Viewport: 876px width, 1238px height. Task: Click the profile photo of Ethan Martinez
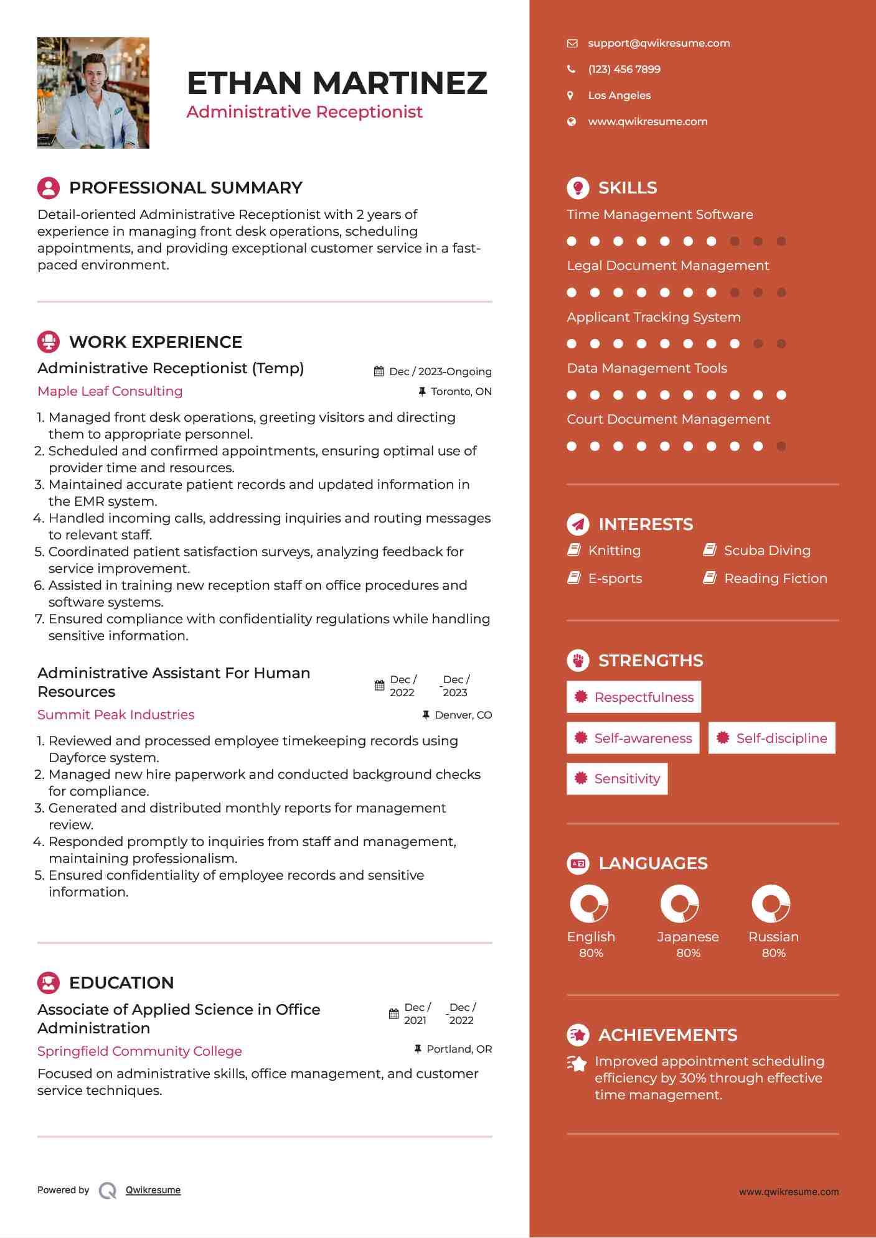coord(93,93)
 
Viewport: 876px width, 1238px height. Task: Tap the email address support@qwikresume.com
coord(659,43)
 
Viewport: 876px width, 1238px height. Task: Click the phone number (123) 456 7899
coord(624,69)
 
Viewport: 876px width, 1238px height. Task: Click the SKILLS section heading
coord(627,188)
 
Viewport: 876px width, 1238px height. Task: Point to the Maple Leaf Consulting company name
coord(110,391)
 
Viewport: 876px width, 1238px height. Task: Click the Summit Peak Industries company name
coord(116,715)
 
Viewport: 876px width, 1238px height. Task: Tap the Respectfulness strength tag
coord(634,697)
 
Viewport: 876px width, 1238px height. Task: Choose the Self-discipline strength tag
coord(772,738)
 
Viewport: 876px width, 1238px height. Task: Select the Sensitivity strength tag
coord(617,779)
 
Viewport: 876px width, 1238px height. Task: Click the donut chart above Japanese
coord(680,904)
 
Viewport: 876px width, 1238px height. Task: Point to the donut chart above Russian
coord(771,904)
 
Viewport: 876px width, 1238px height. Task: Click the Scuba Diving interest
coord(767,551)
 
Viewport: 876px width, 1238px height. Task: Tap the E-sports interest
coord(615,579)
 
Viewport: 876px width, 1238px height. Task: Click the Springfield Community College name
coord(139,1051)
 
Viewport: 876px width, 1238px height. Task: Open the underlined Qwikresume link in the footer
coord(153,1190)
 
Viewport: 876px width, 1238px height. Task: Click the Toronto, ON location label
coord(461,391)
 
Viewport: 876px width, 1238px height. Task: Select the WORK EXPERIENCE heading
coord(156,342)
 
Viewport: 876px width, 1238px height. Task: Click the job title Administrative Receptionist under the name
coord(304,112)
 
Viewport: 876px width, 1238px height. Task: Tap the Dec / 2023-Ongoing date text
coord(440,371)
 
